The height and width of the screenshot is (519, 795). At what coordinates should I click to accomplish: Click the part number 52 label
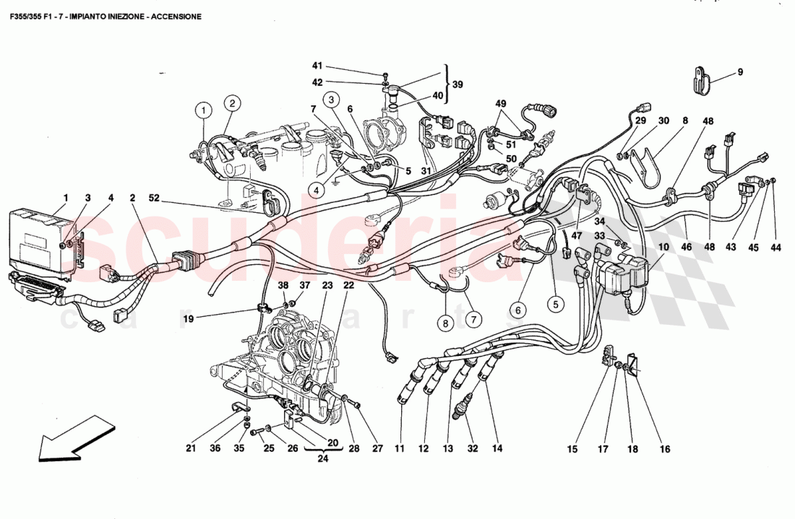tap(155, 198)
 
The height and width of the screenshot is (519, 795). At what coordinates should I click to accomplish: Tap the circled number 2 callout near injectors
tap(231, 103)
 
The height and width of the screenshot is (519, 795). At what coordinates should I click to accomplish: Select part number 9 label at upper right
tap(740, 72)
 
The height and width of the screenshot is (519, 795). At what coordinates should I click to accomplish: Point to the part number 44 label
tap(775, 248)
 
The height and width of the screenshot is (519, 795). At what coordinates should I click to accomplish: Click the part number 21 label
tap(190, 448)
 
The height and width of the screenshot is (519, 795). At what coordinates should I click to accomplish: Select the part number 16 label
tap(664, 449)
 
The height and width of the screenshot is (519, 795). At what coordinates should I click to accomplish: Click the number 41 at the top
tap(317, 66)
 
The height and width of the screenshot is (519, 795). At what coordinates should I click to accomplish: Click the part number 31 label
tap(426, 171)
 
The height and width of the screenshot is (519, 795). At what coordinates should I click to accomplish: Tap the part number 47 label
tap(577, 236)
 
